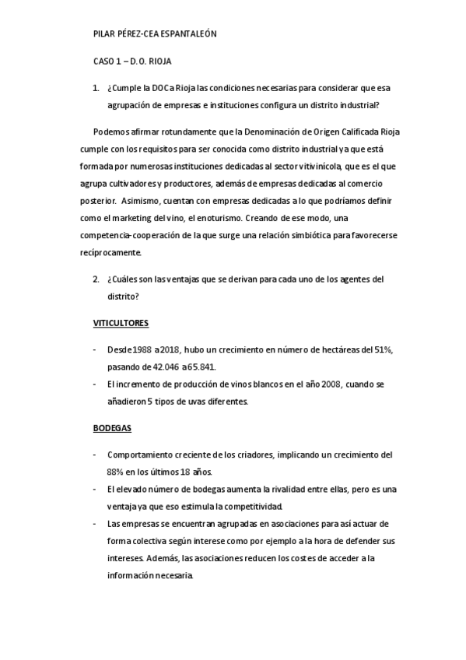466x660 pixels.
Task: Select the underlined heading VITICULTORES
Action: pos(121,322)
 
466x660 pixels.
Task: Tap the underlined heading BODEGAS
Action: pos(112,429)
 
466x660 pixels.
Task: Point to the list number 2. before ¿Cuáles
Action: pos(96,279)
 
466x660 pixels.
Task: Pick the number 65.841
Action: pos(201,367)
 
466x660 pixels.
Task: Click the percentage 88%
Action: pos(118,472)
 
